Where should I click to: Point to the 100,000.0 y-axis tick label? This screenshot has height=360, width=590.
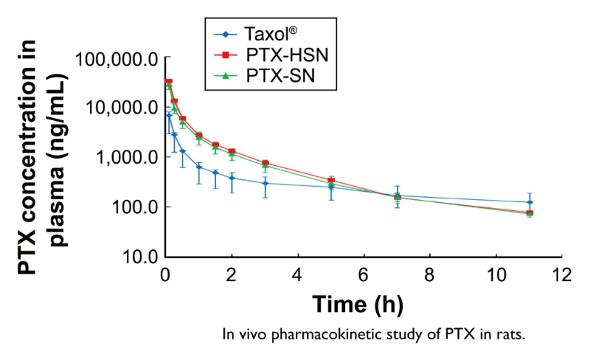[x=118, y=58]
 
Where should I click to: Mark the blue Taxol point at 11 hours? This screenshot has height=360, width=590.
[x=530, y=202]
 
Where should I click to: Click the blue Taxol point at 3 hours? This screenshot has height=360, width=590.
[x=265, y=183]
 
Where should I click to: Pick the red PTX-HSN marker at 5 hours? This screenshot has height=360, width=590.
[x=331, y=180]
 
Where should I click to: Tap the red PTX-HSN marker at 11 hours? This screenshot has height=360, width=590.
[x=530, y=213]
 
